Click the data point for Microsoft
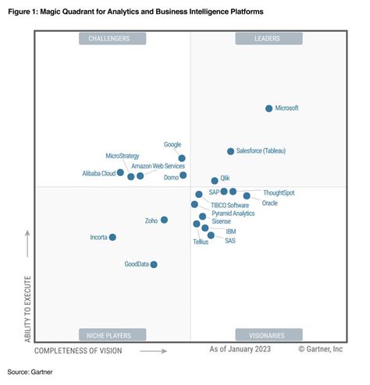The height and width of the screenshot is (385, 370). click(x=269, y=108)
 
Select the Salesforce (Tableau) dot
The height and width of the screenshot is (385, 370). click(x=230, y=151)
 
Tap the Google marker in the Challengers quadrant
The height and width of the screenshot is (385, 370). click(x=182, y=158)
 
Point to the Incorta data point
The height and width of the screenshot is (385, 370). click(x=112, y=237)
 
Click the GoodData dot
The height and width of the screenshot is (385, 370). click(x=154, y=264)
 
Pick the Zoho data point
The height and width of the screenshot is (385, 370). click(x=164, y=220)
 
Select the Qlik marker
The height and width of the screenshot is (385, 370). click(x=215, y=180)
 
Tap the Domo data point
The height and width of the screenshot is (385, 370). click(x=183, y=175)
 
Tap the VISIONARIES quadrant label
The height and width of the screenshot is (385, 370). click(x=267, y=334)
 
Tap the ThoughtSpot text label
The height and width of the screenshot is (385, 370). click(x=279, y=192)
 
